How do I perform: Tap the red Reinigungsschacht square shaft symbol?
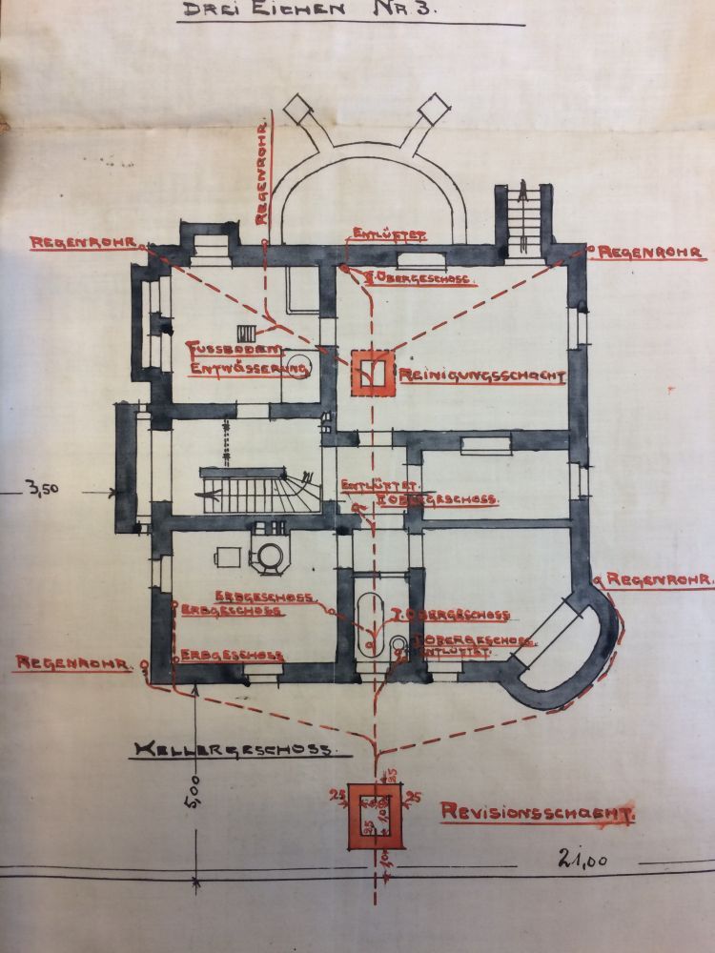click(373, 373)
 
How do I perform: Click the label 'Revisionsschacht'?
click(538, 813)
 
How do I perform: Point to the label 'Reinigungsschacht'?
click(481, 376)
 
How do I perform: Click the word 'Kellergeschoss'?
click(234, 750)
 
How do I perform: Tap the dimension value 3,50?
click(44, 491)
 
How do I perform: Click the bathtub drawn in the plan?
click(370, 624)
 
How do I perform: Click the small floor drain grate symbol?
click(247, 333)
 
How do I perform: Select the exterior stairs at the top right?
click(523, 218)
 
